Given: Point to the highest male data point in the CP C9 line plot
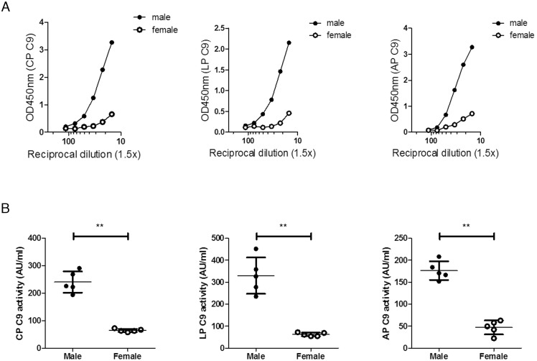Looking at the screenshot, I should (x=112, y=42).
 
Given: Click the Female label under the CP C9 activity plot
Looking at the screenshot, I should (x=128, y=356).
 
